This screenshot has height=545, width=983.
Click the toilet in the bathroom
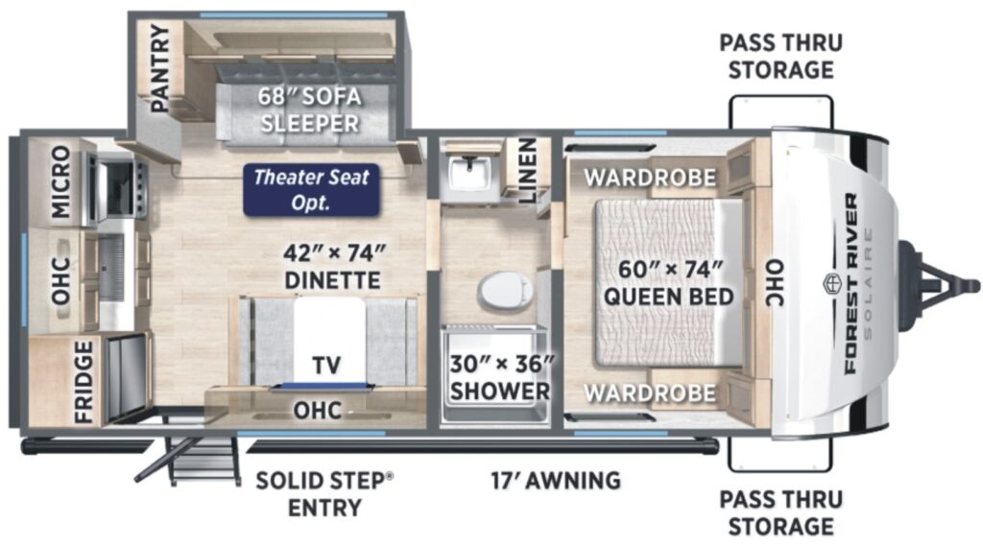click(x=505, y=292)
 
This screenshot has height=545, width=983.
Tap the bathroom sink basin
click(x=471, y=171)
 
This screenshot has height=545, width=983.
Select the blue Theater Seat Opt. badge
click(x=312, y=190)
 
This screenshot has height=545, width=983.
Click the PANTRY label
click(x=160, y=68)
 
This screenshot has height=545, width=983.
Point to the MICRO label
click(x=60, y=181)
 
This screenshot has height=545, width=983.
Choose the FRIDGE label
click(x=84, y=382)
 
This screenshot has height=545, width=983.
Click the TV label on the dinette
click(x=326, y=365)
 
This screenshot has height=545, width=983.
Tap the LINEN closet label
click(x=527, y=171)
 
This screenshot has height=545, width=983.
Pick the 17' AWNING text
click(x=556, y=481)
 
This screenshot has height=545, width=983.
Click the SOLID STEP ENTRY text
click(x=324, y=494)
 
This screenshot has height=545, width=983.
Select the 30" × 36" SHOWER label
click(x=501, y=377)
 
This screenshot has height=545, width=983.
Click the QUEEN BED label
click(x=669, y=296)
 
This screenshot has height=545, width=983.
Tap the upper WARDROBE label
click(x=650, y=178)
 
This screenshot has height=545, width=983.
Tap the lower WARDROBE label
click(x=650, y=393)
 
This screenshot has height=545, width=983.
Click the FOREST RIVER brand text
click(x=851, y=283)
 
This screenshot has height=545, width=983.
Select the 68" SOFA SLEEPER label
click(x=310, y=109)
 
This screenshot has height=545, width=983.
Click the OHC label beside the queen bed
click(x=776, y=283)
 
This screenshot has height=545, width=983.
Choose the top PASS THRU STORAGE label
click(x=781, y=57)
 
